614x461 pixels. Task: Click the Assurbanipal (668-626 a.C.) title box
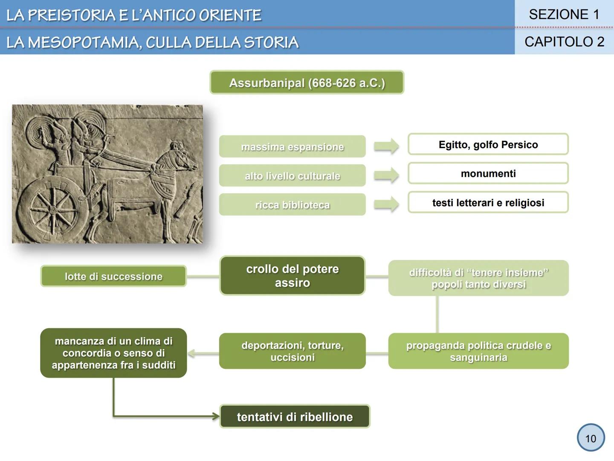coord(307,82)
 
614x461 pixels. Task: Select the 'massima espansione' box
coord(292,146)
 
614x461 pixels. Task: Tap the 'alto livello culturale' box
coord(292,175)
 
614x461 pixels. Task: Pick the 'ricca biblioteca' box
coord(292,204)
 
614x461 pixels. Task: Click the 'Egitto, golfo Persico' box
coord(488,144)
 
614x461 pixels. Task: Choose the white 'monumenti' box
coord(488,173)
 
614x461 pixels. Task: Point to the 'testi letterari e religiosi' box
coord(488,202)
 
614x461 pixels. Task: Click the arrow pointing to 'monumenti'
coord(386,175)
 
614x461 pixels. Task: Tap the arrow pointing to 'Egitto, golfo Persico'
coord(386,146)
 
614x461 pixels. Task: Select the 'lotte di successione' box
coord(113,276)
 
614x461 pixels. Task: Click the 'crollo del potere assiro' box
coord(292,276)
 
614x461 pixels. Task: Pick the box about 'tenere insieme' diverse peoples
coord(478,278)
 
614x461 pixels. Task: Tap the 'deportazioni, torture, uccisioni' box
coord(292,351)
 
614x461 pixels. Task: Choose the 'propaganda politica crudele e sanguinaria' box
coord(478,351)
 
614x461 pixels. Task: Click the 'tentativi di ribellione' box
coord(295,416)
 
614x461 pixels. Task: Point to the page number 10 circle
coord(591,438)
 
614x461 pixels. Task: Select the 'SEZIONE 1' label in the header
coord(564,15)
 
